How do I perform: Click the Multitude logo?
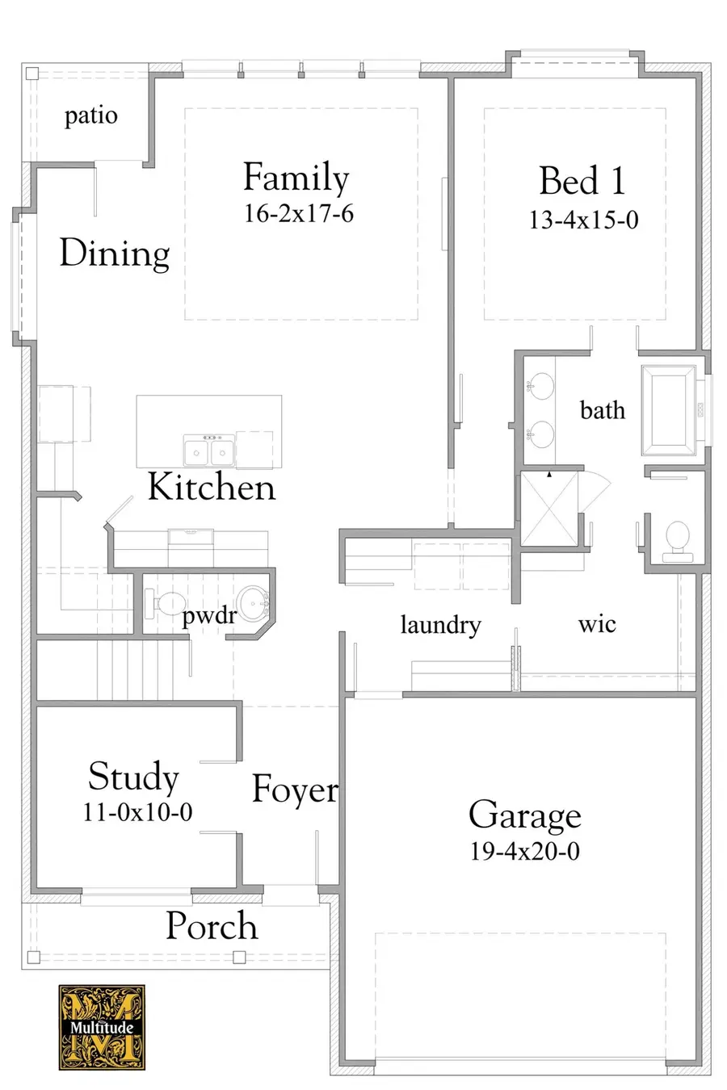[x=102, y=1027]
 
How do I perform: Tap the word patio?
[x=90, y=115]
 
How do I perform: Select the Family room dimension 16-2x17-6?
[x=298, y=214]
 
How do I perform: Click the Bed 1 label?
[x=582, y=180]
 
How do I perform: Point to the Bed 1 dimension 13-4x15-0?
[x=583, y=220]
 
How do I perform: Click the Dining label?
[x=114, y=254]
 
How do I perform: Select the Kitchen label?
[x=211, y=488]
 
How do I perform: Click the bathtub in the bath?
[x=668, y=409]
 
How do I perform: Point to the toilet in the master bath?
[x=674, y=539]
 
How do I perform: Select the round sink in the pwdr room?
[x=254, y=602]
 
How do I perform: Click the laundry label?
[x=440, y=624]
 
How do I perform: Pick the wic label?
[x=597, y=624]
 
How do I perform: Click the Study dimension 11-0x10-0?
[x=137, y=811]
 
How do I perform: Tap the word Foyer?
[x=295, y=790]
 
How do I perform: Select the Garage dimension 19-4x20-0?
[x=524, y=851]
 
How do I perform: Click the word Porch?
[x=212, y=926]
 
